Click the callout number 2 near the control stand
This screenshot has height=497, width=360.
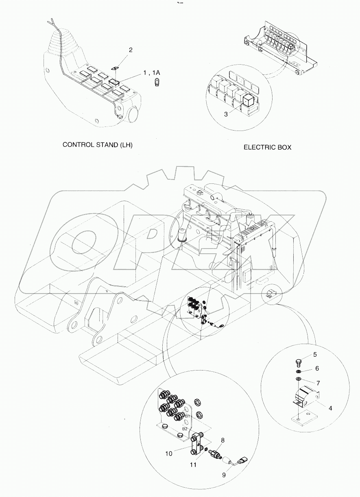(131, 50)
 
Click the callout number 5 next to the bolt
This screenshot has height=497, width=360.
(314, 355)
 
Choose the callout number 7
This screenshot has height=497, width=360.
(319, 383)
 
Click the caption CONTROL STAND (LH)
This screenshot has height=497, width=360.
(97, 144)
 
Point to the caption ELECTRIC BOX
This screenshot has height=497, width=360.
(267, 148)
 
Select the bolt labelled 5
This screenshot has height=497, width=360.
(298, 361)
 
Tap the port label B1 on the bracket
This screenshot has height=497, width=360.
(188, 416)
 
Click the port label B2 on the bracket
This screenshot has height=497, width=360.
(185, 428)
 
